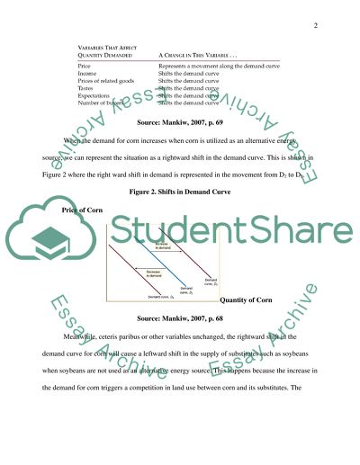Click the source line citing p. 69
click(180, 121)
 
